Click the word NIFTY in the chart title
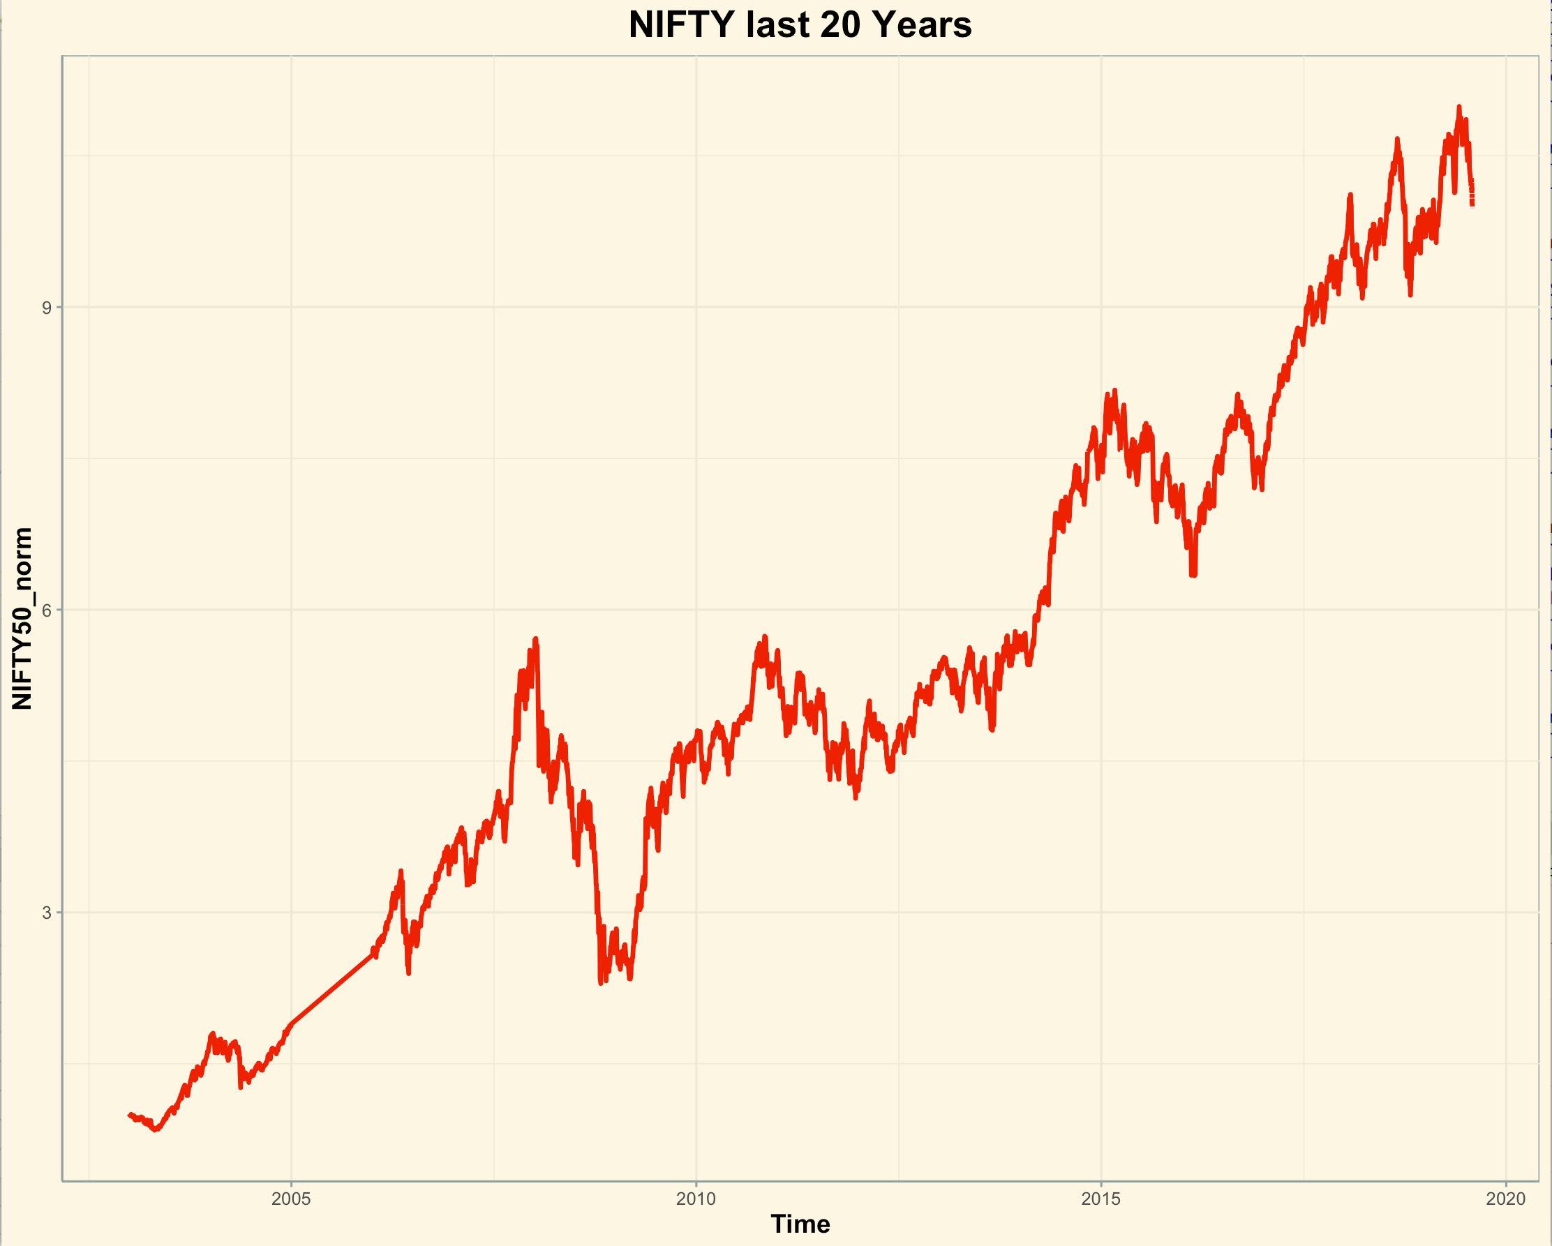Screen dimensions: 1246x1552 point(682,25)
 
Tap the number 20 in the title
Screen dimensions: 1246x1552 point(840,25)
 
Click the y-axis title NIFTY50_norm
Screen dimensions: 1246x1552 point(22,618)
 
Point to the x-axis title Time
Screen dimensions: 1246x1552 point(800,1224)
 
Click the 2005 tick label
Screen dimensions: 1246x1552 point(291,1199)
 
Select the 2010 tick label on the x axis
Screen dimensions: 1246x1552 point(696,1199)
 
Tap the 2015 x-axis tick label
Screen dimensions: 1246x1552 point(1100,1199)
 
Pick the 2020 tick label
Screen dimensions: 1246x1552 point(1505,1199)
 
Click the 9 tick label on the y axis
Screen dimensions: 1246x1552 point(47,308)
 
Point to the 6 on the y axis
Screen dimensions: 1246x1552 point(47,610)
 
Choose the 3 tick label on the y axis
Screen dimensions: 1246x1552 point(47,913)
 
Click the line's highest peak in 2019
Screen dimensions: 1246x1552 point(1459,107)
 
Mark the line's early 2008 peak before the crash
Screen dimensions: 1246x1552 point(535,639)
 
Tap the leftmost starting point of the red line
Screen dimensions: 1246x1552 point(130,1114)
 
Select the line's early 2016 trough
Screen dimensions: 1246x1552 point(1192,575)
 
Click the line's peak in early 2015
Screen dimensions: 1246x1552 point(1114,391)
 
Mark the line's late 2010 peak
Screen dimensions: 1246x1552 point(764,637)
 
